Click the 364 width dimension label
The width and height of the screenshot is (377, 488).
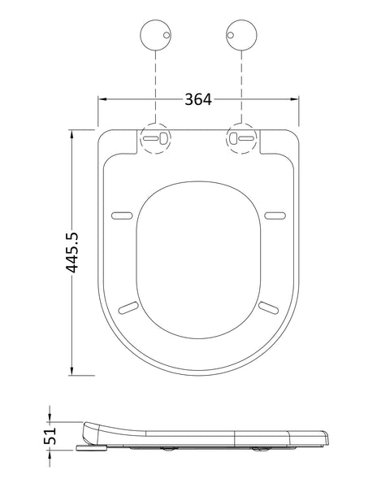[x=197, y=100]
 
